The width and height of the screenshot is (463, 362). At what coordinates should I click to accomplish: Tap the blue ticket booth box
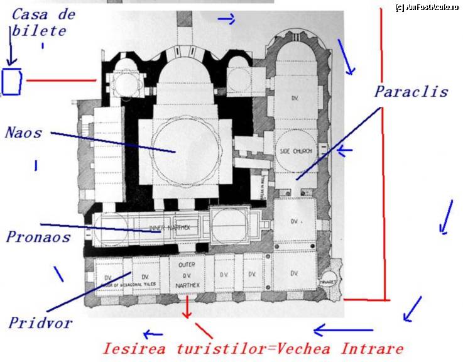tap(12, 81)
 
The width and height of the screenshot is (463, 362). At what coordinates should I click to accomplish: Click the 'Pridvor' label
tap(40, 323)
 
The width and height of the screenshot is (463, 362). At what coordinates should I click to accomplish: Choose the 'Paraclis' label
tap(411, 92)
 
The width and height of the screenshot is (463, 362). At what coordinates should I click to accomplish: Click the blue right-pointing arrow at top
tap(226, 19)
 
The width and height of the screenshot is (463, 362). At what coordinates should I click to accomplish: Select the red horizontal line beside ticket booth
tap(60, 80)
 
